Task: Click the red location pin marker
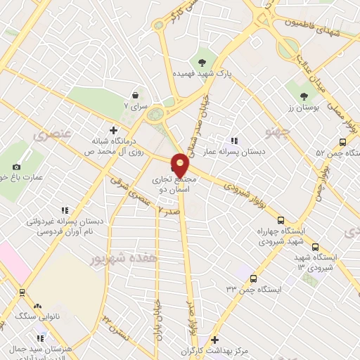180,165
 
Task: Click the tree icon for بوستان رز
304,96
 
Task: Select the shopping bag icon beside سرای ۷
135,96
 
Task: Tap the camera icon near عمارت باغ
16,167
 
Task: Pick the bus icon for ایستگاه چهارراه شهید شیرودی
281,220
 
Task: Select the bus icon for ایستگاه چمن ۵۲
342,141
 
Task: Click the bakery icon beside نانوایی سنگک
37,307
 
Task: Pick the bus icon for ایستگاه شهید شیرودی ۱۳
315,247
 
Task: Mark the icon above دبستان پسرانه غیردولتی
65,210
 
